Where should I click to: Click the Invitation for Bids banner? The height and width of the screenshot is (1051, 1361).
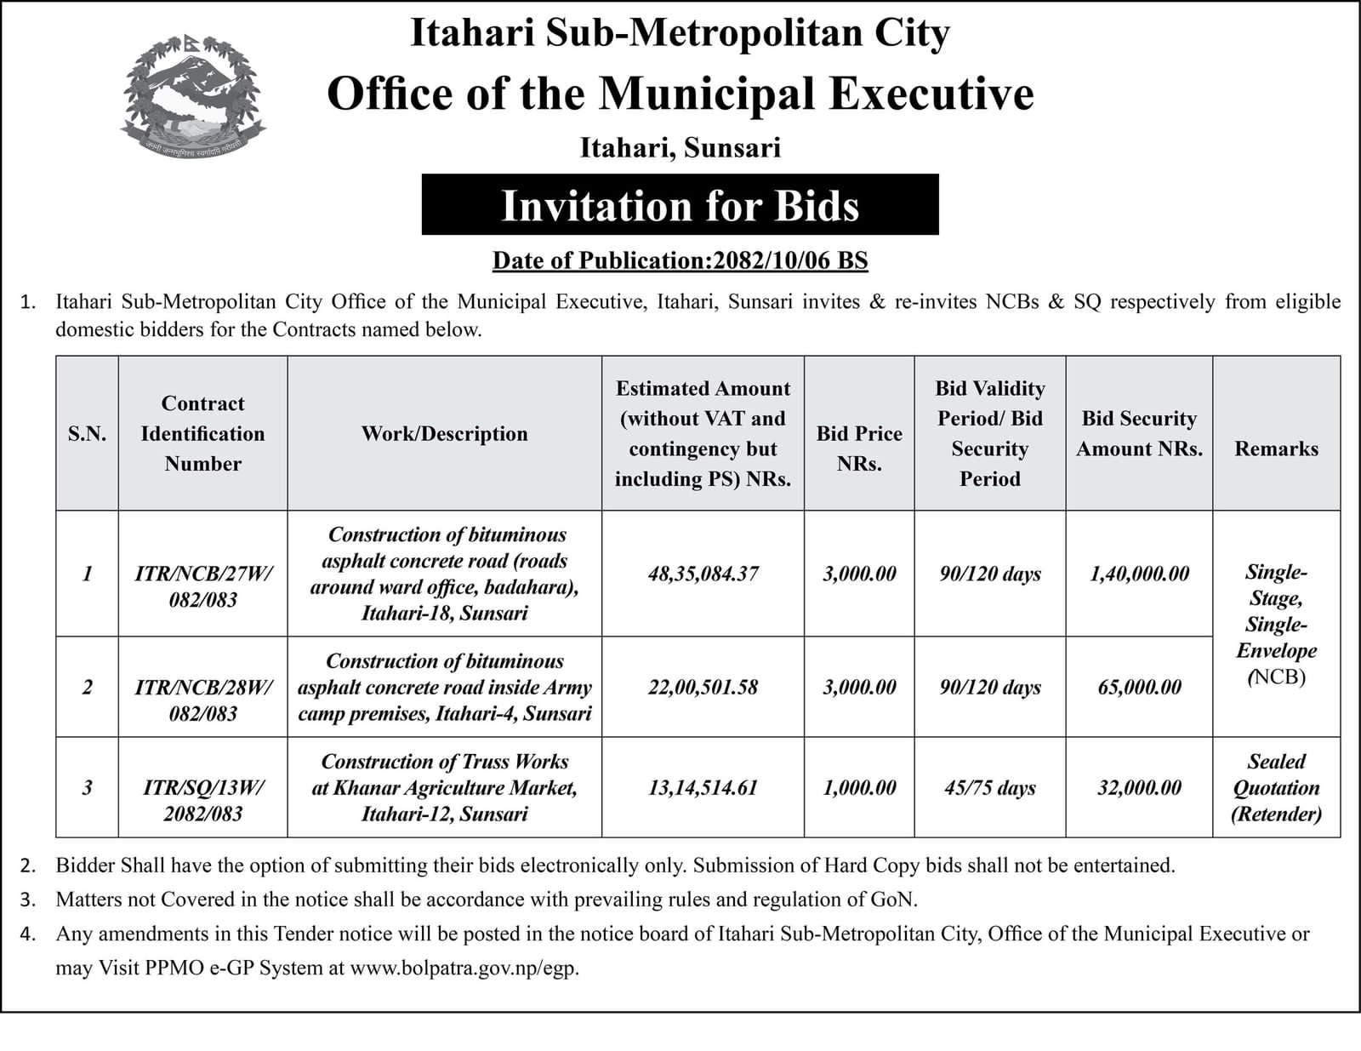tap(680, 205)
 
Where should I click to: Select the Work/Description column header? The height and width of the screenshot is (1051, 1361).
tap(444, 434)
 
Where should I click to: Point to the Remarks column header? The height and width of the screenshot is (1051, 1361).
tap(1276, 448)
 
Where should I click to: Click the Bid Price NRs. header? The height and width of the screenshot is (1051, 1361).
tap(859, 448)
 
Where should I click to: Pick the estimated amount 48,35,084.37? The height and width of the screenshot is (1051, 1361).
tap(703, 574)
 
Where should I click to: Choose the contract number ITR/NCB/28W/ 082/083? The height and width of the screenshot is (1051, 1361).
tap(203, 700)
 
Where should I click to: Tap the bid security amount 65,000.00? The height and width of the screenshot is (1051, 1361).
tap(1139, 687)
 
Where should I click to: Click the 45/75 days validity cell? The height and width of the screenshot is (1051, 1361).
tap(989, 788)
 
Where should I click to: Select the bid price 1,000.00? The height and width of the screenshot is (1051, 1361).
tap(859, 788)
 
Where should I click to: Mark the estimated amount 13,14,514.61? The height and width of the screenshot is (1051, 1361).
tap(703, 788)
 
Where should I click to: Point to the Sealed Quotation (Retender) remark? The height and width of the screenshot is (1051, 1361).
tap(1276, 788)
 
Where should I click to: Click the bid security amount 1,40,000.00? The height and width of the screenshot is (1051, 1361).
tap(1139, 574)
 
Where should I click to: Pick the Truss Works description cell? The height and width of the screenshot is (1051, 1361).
tap(444, 788)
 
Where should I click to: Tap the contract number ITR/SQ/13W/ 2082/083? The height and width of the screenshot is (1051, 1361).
tap(203, 801)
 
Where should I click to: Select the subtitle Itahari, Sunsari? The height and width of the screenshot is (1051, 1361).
tap(680, 148)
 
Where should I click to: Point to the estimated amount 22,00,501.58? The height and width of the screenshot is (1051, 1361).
tap(703, 687)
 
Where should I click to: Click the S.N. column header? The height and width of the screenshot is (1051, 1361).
tap(87, 434)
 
